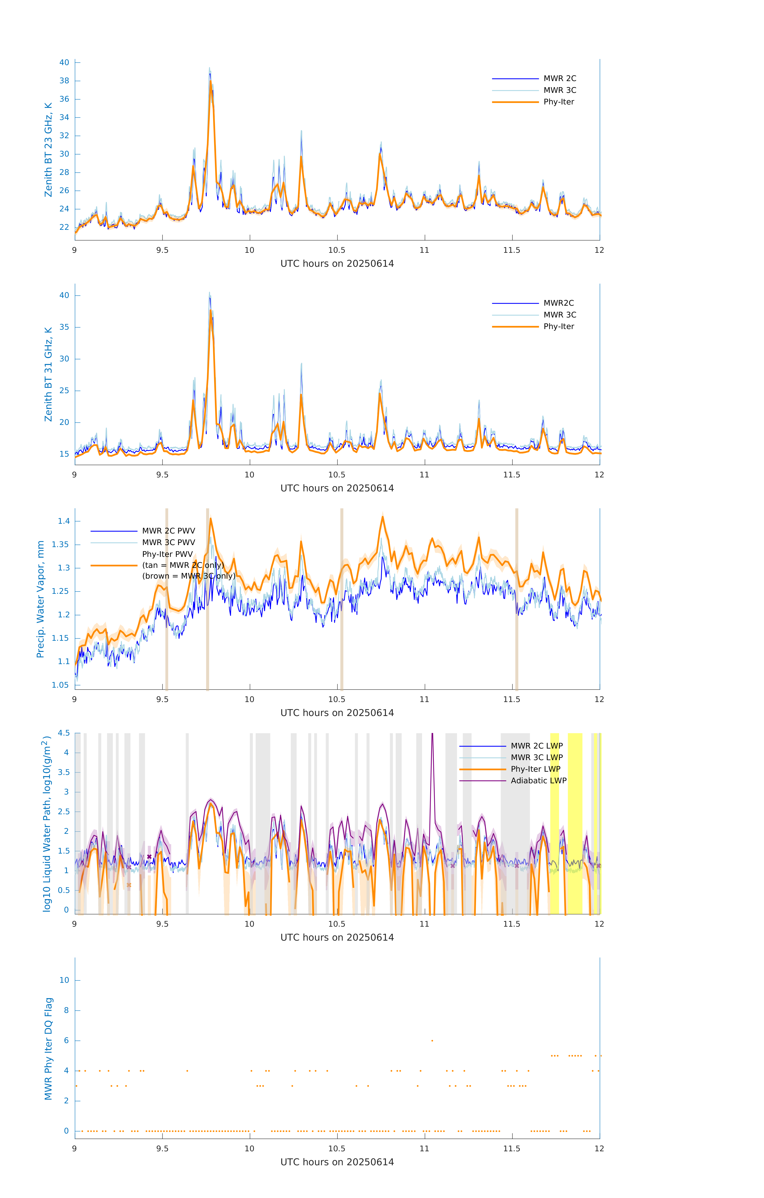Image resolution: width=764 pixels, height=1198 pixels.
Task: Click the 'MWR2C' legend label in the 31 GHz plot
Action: (558, 303)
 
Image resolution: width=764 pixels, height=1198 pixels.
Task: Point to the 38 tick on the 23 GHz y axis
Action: (64, 81)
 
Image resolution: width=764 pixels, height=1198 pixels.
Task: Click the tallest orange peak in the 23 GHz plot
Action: (211, 82)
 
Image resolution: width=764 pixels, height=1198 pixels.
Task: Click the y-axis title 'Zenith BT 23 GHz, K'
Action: (48, 150)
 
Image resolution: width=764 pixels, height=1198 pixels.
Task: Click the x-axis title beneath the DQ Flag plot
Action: (337, 1162)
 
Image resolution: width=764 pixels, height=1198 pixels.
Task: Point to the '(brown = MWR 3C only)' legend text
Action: (189, 576)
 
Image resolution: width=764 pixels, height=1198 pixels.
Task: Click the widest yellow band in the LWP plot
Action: (575, 823)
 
